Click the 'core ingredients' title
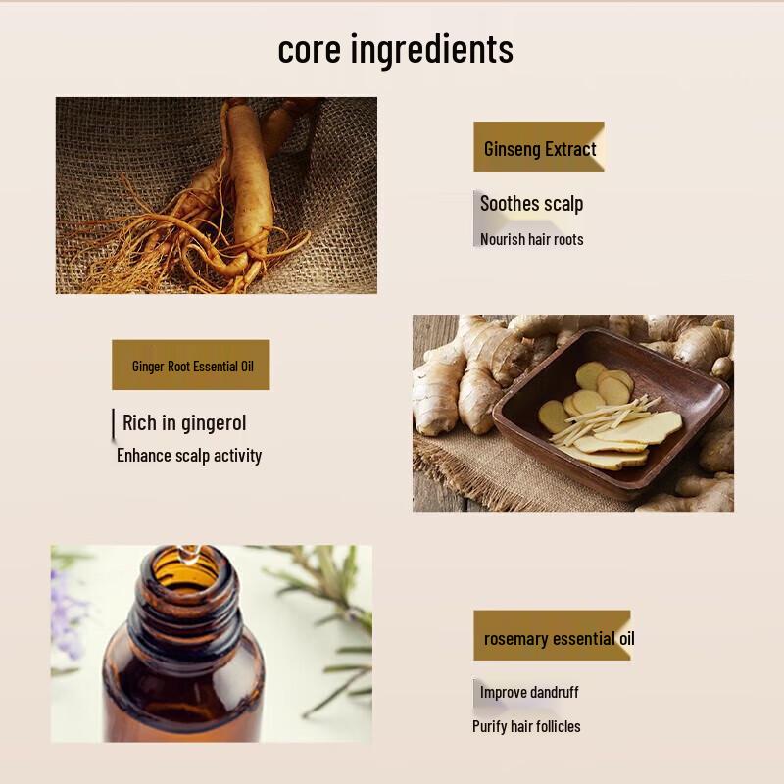coord(395,49)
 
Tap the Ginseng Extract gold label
coord(539,148)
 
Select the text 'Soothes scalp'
coord(531,204)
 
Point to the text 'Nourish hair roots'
coord(531,239)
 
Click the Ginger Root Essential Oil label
coord(191,366)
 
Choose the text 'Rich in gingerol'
coord(184,423)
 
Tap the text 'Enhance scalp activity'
coord(189,455)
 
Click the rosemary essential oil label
coord(553,638)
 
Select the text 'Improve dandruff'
coord(529,692)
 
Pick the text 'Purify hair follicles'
coord(526,726)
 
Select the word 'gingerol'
coord(214,423)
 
